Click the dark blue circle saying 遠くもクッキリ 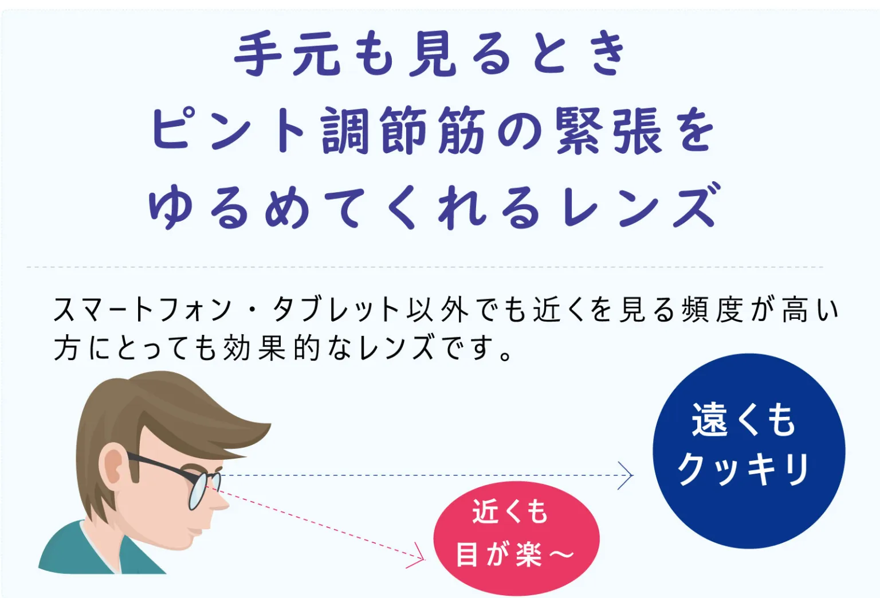(x=749, y=451)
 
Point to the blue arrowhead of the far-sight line (x=627, y=475)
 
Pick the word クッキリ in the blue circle (x=743, y=468)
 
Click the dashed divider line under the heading (x=425, y=267)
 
